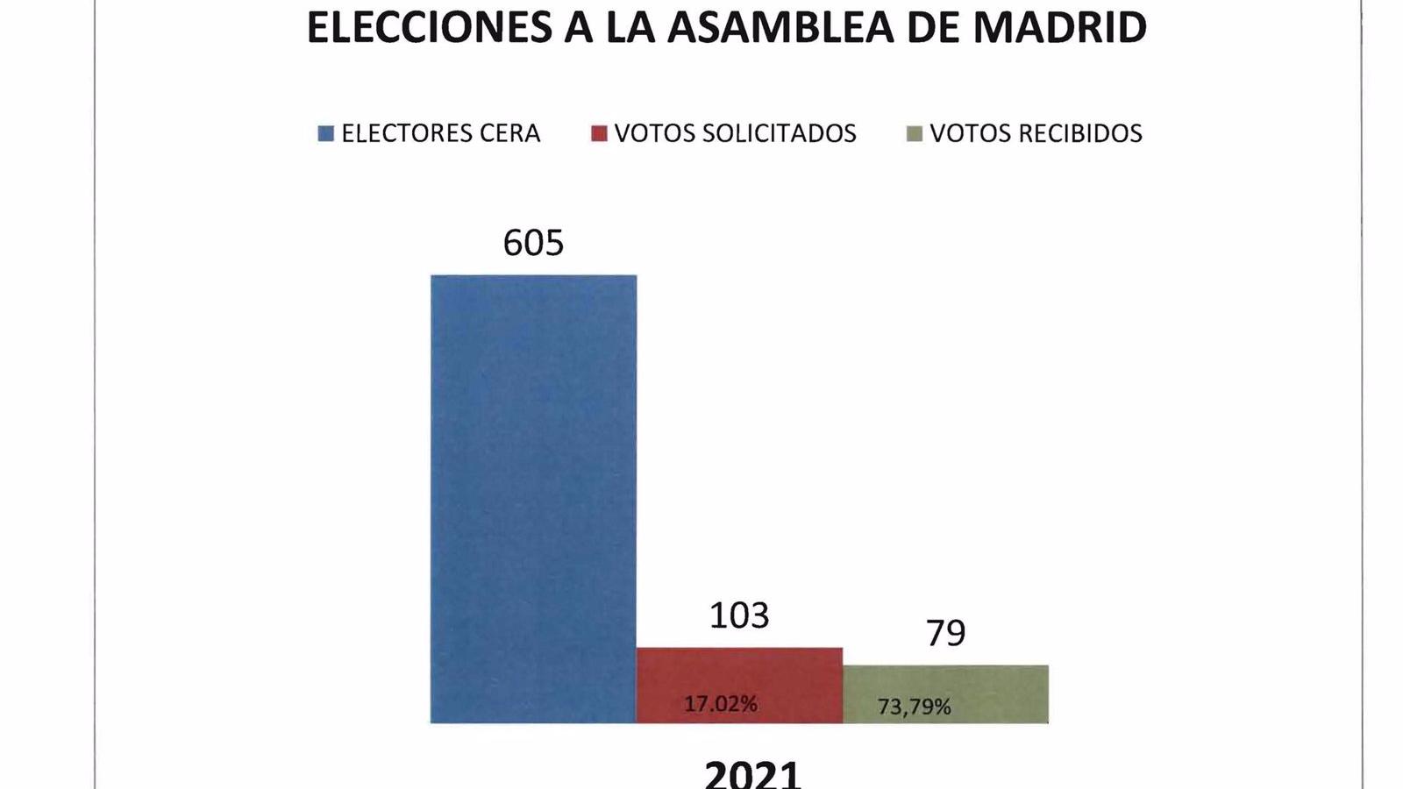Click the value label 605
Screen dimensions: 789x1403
tap(533, 243)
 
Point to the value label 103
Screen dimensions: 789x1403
tap(739, 615)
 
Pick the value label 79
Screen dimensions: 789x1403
tap(946, 632)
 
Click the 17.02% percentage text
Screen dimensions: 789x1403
tap(721, 704)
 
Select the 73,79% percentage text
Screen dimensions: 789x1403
tap(914, 707)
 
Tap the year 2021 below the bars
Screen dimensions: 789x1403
tap(752, 774)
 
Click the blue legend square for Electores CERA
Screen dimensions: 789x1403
tap(326, 134)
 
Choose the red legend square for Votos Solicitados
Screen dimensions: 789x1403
tap(599, 134)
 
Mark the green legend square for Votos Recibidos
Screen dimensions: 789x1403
tap(915, 134)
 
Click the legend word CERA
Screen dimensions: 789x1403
tap(509, 133)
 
